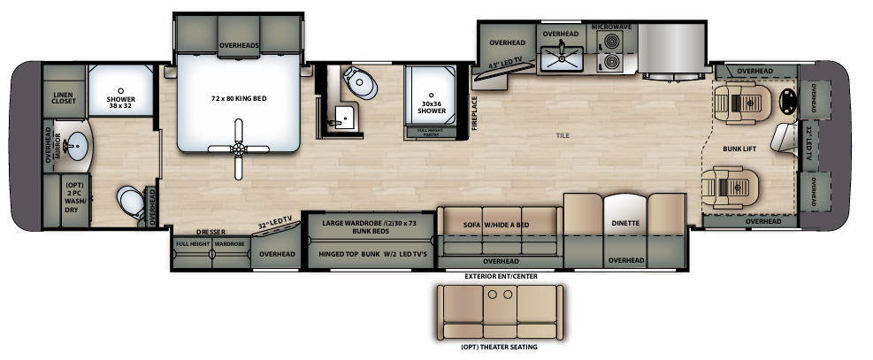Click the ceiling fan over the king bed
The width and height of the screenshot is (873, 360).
click(x=236, y=149)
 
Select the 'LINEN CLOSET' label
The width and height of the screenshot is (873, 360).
click(x=63, y=97)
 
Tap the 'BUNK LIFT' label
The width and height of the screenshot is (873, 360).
click(x=739, y=149)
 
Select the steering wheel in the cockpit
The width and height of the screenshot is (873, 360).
click(x=785, y=103)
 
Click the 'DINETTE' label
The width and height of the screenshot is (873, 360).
click(x=625, y=223)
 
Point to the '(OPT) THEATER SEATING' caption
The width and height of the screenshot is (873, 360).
click(x=499, y=347)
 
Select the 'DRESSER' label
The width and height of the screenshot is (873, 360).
click(x=212, y=232)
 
